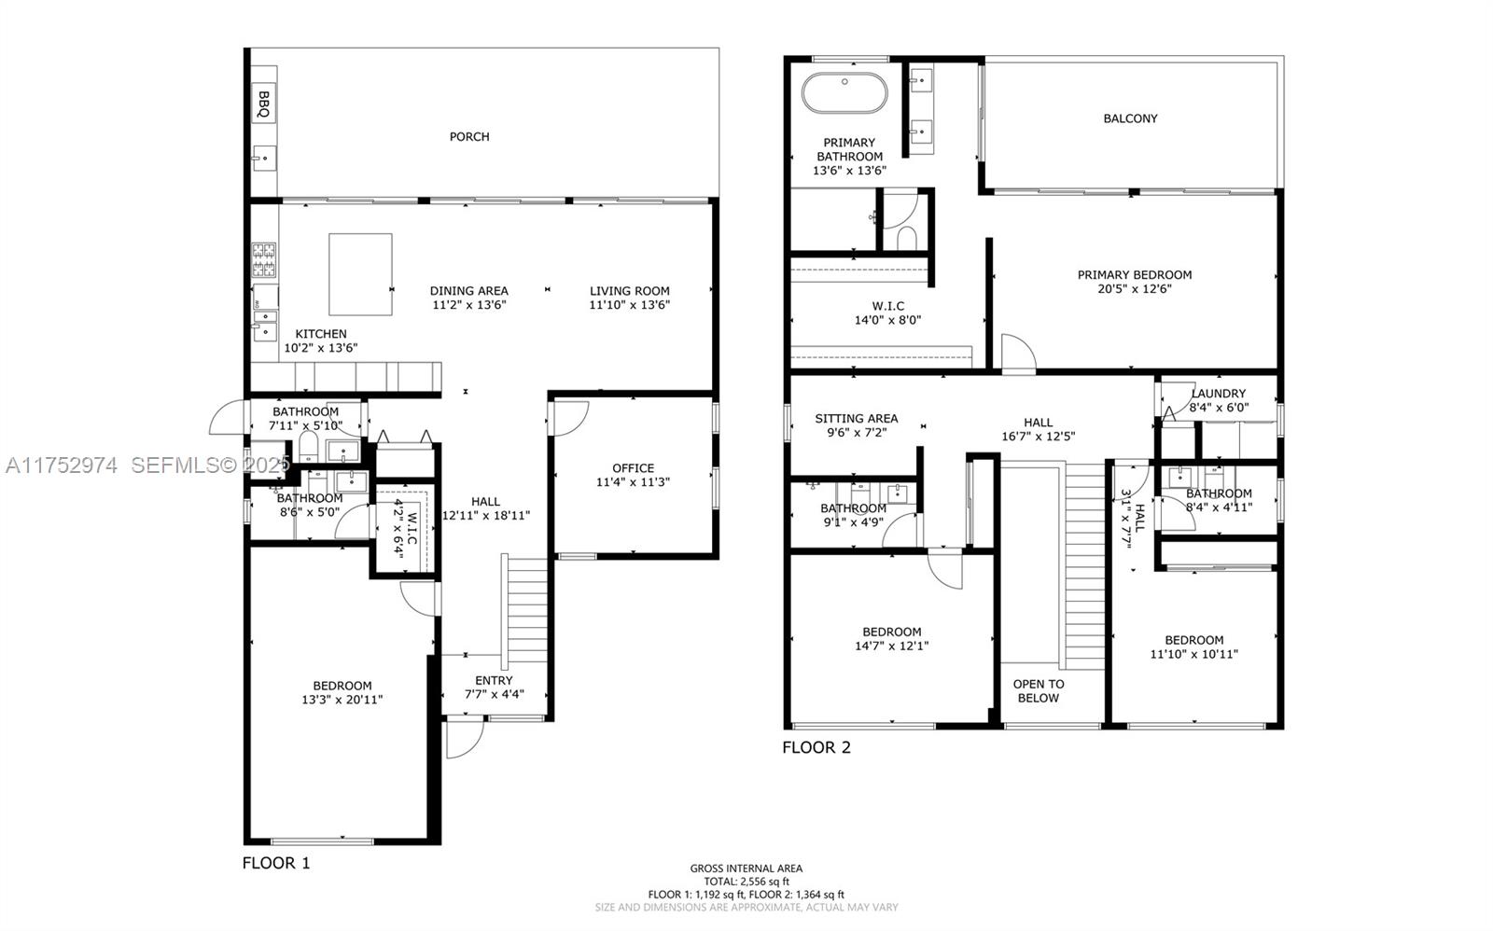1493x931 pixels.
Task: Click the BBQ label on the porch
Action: (x=263, y=104)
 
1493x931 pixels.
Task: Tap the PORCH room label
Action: (x=469, y=136)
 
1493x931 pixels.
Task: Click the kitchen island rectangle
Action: (x=360, y=274)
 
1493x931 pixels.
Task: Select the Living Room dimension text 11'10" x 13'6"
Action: (x=630, y=305)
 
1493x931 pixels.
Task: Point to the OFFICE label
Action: (x=633, y=468)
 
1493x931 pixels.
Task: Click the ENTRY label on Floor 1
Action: (x=494, y=680)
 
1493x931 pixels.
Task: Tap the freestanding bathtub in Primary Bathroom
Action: (x=844, y=92)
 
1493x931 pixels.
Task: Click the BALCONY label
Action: (x=1130, y=118)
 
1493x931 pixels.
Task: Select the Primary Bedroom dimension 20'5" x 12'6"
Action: (x=1135, y=289)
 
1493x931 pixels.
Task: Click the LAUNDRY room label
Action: (x=1218, y=394)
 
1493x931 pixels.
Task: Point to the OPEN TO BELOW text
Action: (x=1039, y=690)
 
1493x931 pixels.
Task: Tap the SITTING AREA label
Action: (x=856, y=419)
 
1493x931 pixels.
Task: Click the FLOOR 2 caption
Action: (x=816, y=747)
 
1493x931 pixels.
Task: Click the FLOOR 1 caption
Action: (x=276, y=863)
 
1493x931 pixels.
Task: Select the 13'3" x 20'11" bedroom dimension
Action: (x=342, y=700)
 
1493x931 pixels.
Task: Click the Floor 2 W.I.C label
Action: (x=887, y=306)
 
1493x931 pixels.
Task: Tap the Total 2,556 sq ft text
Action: (x=746, y=881)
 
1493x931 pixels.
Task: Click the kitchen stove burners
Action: (x=264, y=260)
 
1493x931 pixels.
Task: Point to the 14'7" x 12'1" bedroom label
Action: (x=891, y=646)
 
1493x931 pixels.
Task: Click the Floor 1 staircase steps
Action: (x=526, y=606)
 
